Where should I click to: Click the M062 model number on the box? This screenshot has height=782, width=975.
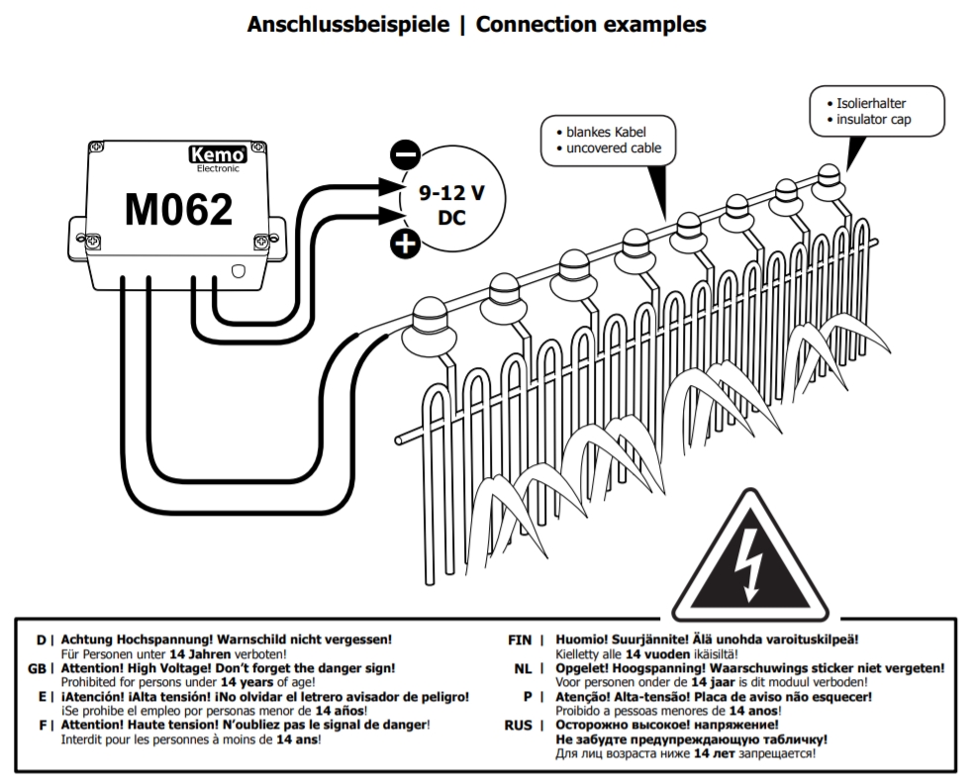(x=178, y=210)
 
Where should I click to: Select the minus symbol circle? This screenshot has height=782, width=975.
(x=406, y=155)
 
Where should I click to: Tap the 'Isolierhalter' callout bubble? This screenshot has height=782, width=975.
(x=875, y=111)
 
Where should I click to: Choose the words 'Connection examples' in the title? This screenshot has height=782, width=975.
(x=591, y=25)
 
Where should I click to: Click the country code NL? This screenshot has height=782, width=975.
(x=524, y=669)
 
